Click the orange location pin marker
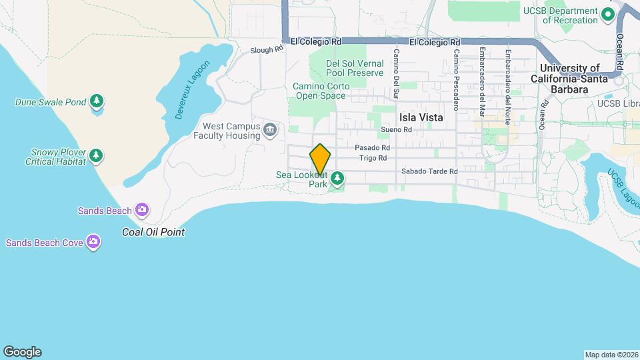321,159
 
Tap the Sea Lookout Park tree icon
338,177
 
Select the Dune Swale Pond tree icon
97,101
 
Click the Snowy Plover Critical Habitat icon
97,155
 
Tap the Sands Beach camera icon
141,211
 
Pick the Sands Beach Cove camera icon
94,242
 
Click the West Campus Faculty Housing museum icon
270,129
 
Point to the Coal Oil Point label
153,232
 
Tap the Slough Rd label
267,50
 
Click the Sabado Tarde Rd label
429,171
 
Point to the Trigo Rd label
373,158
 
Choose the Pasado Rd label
372,147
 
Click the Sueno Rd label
393,130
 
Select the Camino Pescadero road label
456,79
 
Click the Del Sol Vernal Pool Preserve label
355,68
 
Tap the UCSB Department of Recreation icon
607,13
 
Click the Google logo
22,352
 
